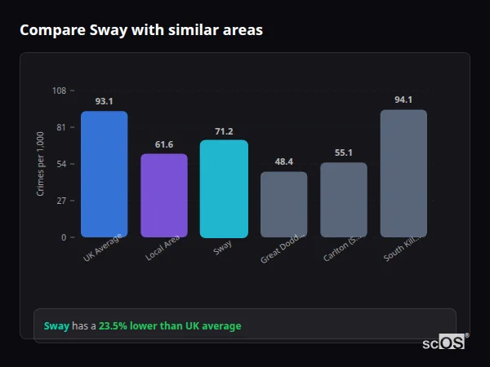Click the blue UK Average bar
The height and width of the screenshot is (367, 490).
coord(104,174)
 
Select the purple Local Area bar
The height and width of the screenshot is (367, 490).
coord(163,195)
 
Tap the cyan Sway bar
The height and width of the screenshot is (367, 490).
coord(224,188)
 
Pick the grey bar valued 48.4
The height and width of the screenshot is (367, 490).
coord(283,204)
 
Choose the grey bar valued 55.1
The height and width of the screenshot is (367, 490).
coord(343,200)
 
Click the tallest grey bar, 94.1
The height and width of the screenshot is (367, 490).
coord(403,173)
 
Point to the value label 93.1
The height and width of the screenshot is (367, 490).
coord(104,102)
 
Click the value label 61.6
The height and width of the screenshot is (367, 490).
coord(163,144)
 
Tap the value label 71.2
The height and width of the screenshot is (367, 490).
coord(224,131)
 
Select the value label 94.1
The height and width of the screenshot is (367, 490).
coord(403,100)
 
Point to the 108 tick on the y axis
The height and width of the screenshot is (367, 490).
coord(59,91)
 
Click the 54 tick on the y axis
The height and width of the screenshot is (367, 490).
coord(60,164)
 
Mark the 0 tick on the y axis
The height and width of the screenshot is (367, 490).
coord(63,237)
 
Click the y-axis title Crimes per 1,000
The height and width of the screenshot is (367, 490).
coord(40,164)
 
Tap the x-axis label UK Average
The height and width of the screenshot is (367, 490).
coord(103,247)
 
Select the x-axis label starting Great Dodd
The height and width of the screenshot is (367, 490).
coord(283,247)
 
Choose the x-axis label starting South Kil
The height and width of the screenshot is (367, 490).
coord(402,247)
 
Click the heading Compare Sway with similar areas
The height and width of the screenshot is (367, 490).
coord(141,30)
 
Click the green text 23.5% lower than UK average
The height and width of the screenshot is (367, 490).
coord(170,326)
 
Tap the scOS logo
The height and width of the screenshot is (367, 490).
coord(444,343)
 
